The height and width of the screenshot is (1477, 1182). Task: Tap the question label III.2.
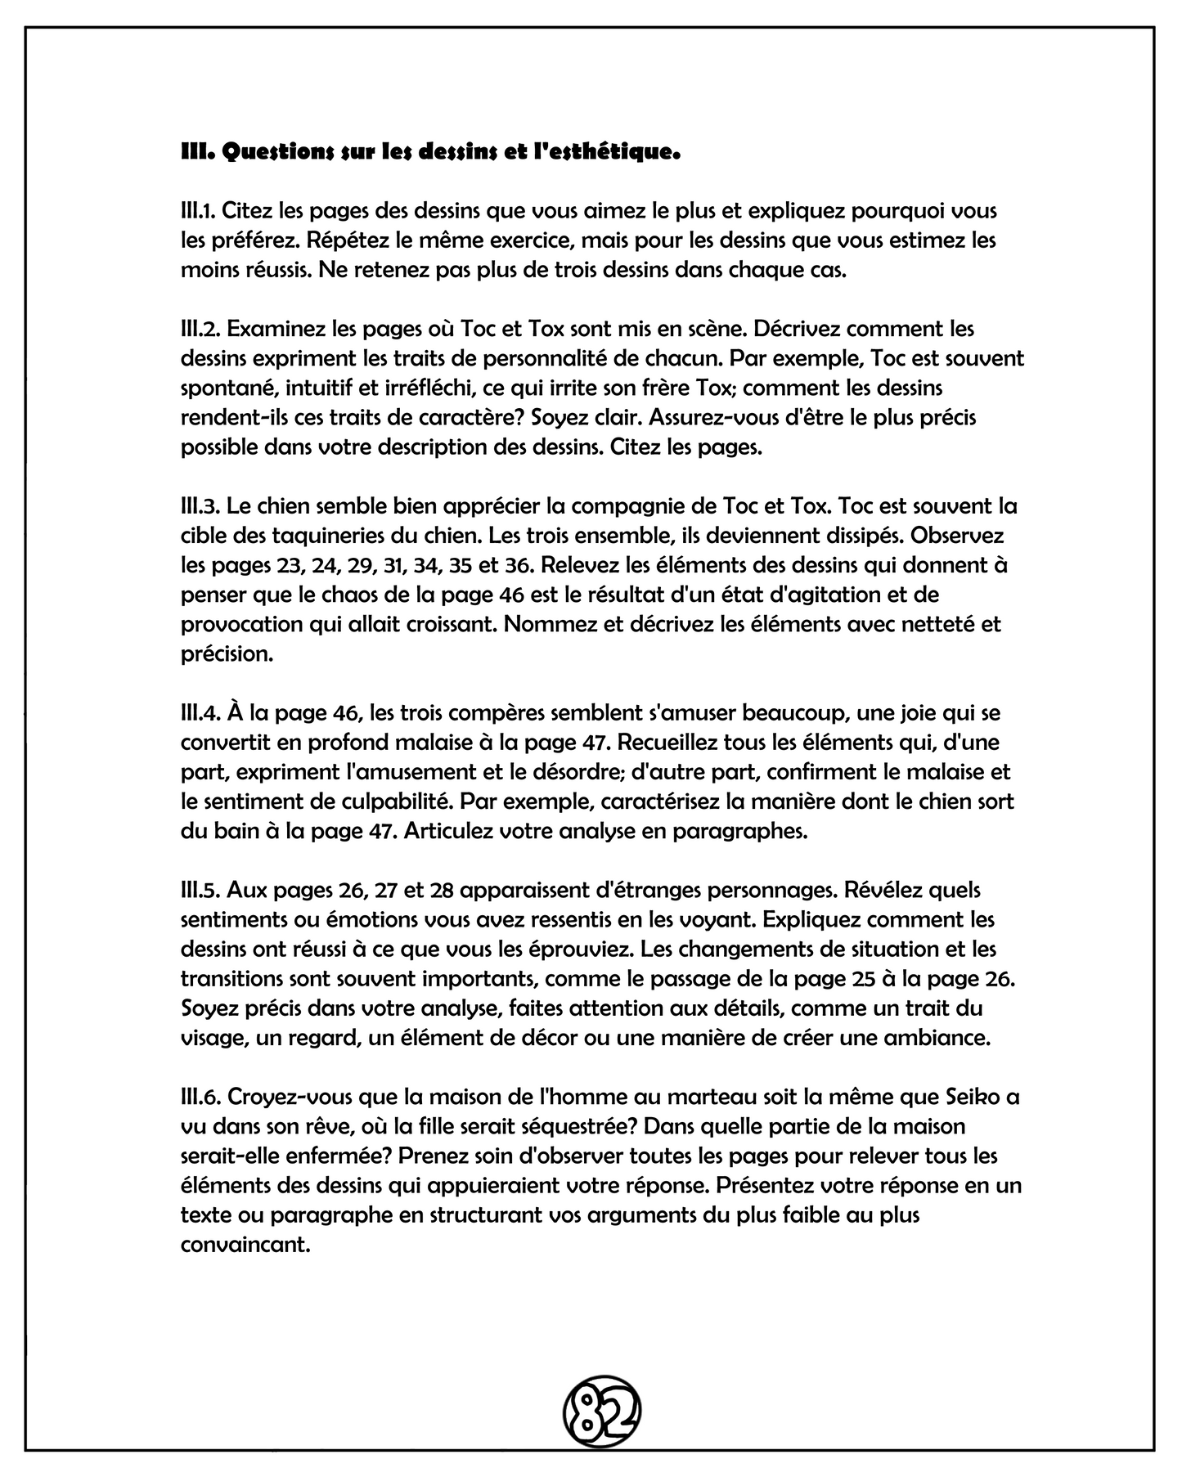(x=199, y=329)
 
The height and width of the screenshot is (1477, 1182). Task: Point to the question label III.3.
(x=199, y=505)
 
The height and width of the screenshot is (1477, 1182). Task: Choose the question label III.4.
(x=200, y=712)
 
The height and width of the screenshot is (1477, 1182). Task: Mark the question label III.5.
(x=199, y=889)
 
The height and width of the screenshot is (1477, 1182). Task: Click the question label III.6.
(x=200, y=1096)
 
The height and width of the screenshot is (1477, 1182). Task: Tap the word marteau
(x=666, y=1096)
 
